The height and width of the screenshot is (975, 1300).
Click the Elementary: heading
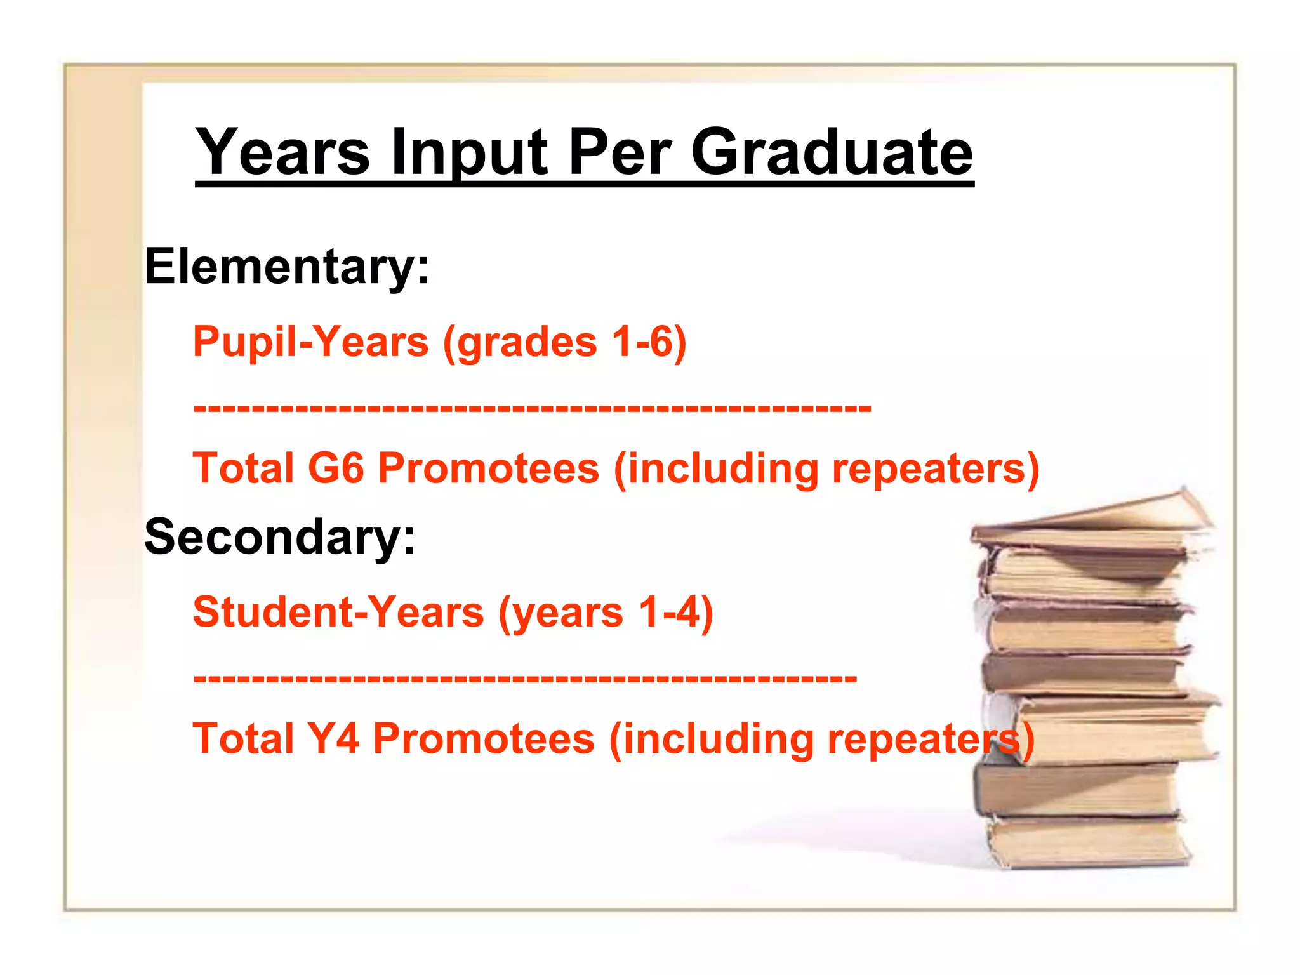coord(287,267)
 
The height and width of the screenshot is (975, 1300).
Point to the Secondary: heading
coord(280,537)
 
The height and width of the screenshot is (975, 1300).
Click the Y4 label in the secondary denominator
coord(333,738)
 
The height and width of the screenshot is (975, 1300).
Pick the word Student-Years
coord(338,612)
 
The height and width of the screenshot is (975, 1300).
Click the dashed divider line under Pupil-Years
coord(532,407)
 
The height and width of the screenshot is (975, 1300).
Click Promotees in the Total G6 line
coord(489,468)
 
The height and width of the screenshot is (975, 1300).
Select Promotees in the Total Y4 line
coord(484,738)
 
